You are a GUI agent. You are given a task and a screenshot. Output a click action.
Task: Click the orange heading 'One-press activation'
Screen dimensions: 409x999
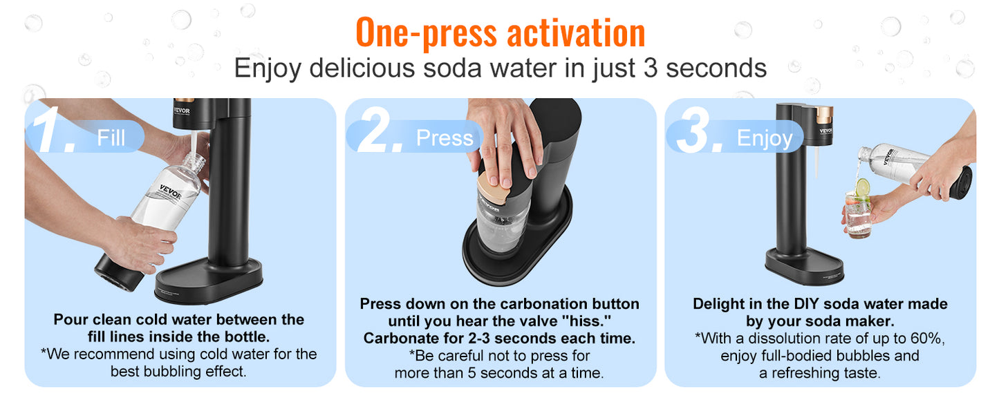tap(500, 32)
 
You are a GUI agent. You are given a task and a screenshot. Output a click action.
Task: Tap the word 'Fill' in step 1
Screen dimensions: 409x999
tap(111, 137)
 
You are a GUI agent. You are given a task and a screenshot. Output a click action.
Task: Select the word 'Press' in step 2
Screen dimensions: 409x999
tap(444, 138)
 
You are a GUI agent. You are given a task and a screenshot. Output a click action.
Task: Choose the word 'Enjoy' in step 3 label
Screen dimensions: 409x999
tap(764, 138)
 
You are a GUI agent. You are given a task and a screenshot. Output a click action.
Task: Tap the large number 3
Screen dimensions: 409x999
tap(699, 131)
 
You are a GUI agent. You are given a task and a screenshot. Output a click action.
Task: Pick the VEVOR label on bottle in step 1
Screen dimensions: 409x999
tap(170, 191)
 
